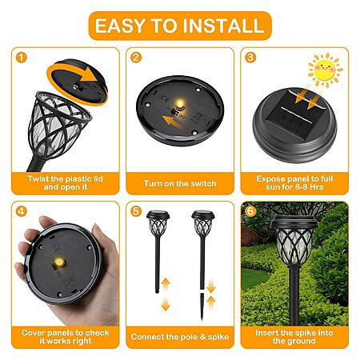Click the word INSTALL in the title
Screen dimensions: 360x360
pos(223,26)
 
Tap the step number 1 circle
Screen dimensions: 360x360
pos(22,58)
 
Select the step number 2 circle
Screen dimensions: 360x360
pos(136,58)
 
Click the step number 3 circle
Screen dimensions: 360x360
pos(250,58)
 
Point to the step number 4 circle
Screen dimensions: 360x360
pos(22,211)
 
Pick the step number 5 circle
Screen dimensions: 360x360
pos(136,211)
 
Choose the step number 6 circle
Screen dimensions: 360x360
pos(250,211)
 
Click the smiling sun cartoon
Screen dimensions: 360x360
pos(325,70)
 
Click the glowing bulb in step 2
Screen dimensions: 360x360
pos(180,102)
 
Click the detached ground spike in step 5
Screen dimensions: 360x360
pos(202,306)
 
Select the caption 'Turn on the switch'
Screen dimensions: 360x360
pos(180,183)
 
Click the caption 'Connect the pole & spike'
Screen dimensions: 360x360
pos(180,337)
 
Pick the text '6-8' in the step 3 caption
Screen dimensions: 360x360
pos(302,187)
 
